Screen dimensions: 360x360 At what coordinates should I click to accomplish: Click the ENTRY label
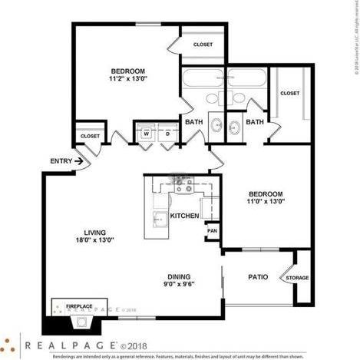[x=61, y=161]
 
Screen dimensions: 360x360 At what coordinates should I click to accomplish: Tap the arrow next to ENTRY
[x=79, y=161]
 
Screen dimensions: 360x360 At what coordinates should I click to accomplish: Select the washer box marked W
[x=145, y=134]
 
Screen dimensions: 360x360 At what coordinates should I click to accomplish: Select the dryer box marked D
[x=167, y=134]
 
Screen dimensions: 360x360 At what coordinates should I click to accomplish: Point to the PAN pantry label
[x=212, y=230]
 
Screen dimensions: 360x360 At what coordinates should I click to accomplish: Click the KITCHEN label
[x=184, y=216]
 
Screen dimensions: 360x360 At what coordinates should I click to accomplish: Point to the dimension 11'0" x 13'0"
[x=266, y=201]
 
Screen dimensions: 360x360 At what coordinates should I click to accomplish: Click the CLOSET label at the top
[x=203, y=45]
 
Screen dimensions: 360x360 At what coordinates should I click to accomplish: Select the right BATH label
[x=255, y=121]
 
